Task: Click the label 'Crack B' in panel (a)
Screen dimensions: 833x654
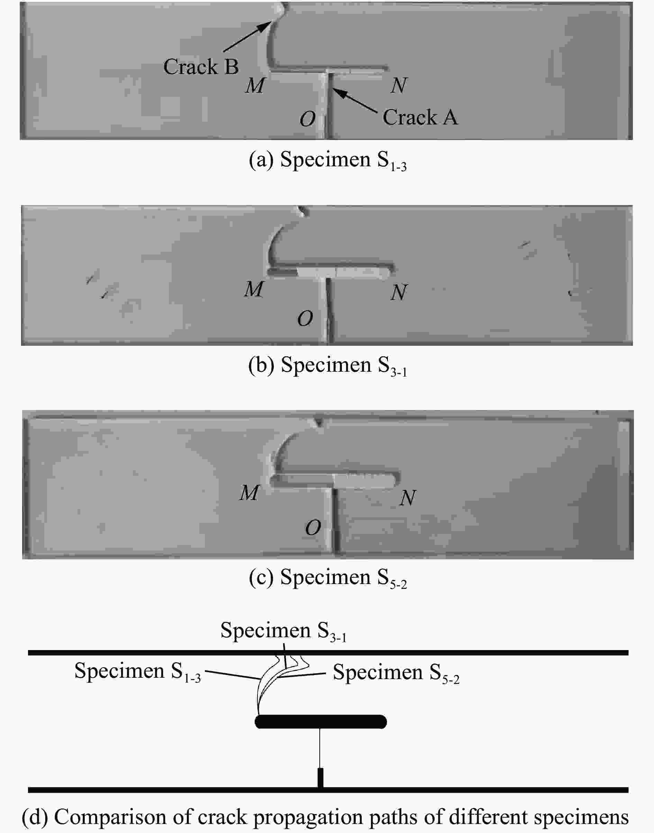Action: click(201, 67)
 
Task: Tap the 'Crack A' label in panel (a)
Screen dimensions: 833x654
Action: click(420, 117)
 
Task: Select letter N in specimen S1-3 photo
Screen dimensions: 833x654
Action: click(399, 85)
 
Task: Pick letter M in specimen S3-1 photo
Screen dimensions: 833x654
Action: click(254, 289)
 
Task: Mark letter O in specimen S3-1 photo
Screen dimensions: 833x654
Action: click(305, 318)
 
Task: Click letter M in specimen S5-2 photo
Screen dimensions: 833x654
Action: click(249, 493)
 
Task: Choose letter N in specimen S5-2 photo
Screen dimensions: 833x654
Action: click(407, 498)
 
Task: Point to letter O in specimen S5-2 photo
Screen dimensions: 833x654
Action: click(313, 528)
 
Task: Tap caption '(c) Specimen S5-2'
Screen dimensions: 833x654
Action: click(327, 578)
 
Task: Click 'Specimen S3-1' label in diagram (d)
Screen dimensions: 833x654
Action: click(283, 631)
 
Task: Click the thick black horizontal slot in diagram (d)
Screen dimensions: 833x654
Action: click(320, 722)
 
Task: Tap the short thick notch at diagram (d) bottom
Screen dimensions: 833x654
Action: click(320, 778)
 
